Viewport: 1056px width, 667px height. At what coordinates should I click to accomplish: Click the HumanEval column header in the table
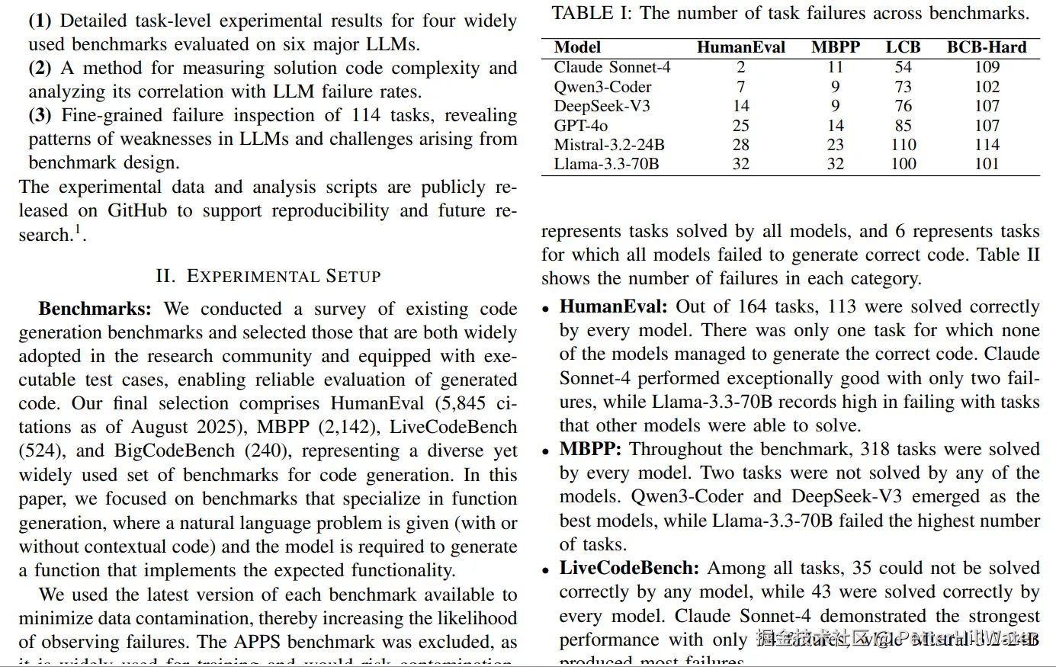coord(740,47)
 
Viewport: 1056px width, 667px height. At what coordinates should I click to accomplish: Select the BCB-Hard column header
coord(987,47)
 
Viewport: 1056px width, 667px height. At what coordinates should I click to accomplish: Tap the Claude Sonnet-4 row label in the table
coord(612,67)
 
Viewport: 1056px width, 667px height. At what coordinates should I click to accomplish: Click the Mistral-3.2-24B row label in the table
coord(609,145)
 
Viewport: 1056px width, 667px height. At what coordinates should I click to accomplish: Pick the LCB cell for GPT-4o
coord(903,125)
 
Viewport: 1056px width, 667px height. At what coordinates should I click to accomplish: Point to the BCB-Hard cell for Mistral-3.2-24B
coord(987,145)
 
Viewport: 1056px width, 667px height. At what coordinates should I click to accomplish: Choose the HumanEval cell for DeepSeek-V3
coord(740,106)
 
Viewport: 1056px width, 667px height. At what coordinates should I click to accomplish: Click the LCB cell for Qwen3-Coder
coord(903,87)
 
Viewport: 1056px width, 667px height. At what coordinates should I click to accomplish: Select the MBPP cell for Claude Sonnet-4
coord(835,67)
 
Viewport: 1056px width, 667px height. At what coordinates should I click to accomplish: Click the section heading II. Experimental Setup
coord(268,276)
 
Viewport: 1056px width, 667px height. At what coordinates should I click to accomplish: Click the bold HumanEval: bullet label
coord(613,306)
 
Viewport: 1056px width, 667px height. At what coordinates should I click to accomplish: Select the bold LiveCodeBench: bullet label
coord(629,568)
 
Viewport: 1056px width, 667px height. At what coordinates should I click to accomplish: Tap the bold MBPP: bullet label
coord(590,449)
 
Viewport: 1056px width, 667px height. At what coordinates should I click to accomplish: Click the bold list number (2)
coord(40,68)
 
